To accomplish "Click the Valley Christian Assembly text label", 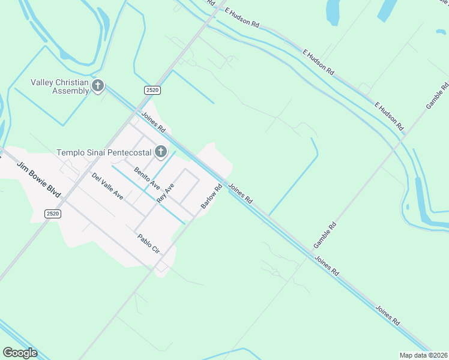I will point(62,86).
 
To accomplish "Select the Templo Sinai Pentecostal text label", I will point(104,152).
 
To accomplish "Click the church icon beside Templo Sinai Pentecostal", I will point(160,152).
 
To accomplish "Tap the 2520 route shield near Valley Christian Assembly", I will point(152,90).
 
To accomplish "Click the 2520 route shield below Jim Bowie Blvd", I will point(53,214).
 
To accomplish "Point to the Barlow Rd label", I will point(212,196).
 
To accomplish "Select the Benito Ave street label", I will point(146,176).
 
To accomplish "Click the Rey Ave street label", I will point(165,193).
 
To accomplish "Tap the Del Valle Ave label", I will point(107,186).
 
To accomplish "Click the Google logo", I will point(20,352).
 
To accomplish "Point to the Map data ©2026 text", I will point(423,355).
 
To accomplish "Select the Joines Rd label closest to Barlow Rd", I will point(240,192).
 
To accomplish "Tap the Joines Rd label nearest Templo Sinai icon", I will point(154,122).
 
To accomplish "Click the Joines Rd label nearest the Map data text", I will point(388,315).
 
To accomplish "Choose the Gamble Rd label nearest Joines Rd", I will point(325,236).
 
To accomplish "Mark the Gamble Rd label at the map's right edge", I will point(438,95).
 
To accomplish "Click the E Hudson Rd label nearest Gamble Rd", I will point(389,116).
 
